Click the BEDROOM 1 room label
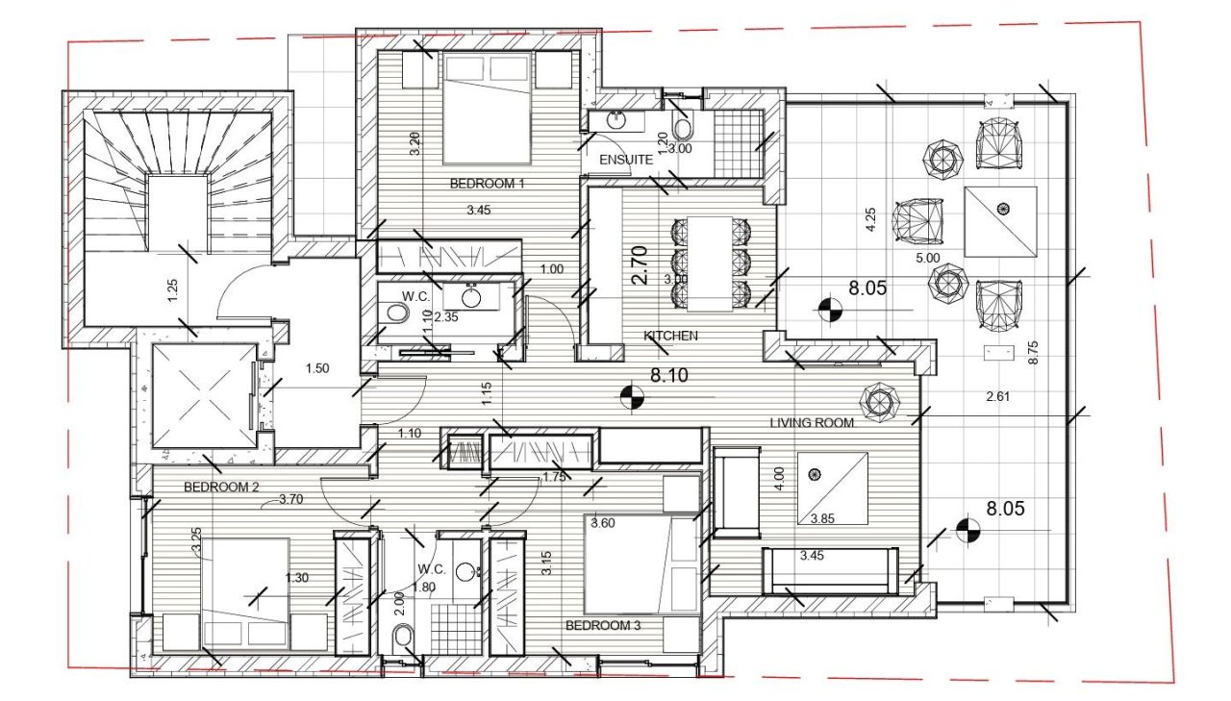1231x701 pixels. click(487, 183)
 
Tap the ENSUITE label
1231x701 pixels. click(626, 159)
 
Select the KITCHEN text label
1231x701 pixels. click(670, 336)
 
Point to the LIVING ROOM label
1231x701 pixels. click(812, 422)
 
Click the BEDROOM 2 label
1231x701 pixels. click(222, 487)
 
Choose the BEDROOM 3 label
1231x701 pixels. click(603, 625)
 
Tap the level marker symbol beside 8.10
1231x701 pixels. click(632, 396)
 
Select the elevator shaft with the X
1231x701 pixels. click(202, 395)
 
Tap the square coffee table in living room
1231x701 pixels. click(832, 488)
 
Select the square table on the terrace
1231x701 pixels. click(1000, 221)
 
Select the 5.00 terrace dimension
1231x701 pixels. click(927, 259)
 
